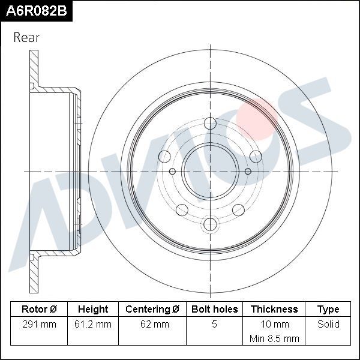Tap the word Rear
pos(26,37)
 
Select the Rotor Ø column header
pos(39,310)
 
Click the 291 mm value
pos(39,325)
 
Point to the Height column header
pos(93,310)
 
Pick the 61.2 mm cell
pos(93,325)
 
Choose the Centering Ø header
pos(152,310)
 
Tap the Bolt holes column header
pos(214,310)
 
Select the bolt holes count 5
pos(214,325)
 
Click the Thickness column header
pos(274,310)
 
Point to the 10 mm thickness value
pos(274,325)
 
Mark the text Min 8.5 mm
pos(274,338)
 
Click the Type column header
pos(328,310)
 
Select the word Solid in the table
pos(328,325)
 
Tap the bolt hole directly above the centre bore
pos(209,124)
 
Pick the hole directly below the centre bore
pos(209,224)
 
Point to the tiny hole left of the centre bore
pos(173,172)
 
